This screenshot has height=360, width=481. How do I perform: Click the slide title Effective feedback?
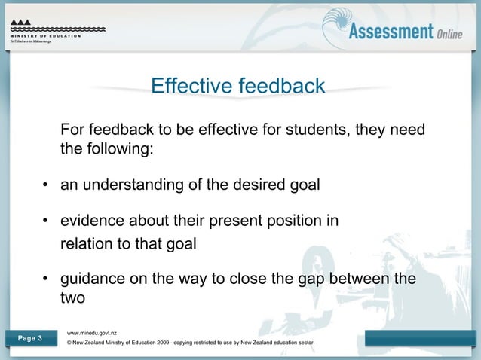tap(238, 86)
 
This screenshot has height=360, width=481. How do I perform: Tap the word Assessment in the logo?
tap(390, 31)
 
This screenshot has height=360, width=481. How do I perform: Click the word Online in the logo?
tap(456, 32)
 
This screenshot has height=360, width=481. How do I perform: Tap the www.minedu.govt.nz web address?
tap(91, 332)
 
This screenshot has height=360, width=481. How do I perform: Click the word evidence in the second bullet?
tap(91, 221)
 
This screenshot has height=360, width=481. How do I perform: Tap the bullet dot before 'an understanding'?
tap(45, 185)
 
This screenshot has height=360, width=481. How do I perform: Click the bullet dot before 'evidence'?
tap(45, 221)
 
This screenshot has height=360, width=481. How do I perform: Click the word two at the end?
tap(73, 299)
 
